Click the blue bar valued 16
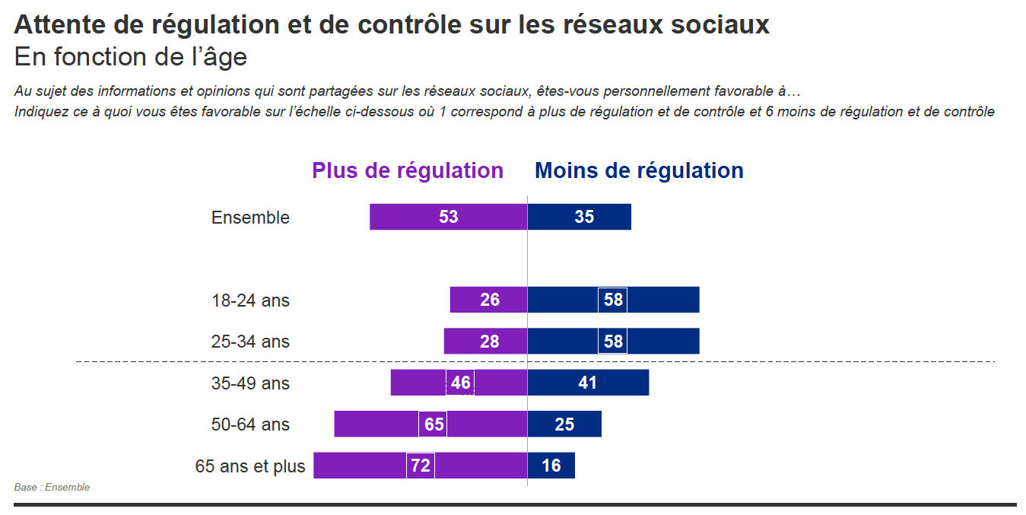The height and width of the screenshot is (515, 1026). tap(551, 466)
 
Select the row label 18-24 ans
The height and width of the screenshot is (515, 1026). tap(250, 300)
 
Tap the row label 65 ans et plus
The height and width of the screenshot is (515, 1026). tap(250, 466)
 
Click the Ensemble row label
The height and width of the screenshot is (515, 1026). tap(250, 218)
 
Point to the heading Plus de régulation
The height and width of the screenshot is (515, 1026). tap(408, 170)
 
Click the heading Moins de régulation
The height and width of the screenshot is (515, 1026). tap(639, 170)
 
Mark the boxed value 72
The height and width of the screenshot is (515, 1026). tap(421, 466)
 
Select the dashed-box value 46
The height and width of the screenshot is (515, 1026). tap(460, 383)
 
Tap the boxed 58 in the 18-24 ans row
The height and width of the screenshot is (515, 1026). tap(613, 300)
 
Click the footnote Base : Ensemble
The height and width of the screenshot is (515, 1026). tap(52, 488)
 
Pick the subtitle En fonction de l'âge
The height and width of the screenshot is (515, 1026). tap(131, 57)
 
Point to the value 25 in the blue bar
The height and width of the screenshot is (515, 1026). tap(564, 424)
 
